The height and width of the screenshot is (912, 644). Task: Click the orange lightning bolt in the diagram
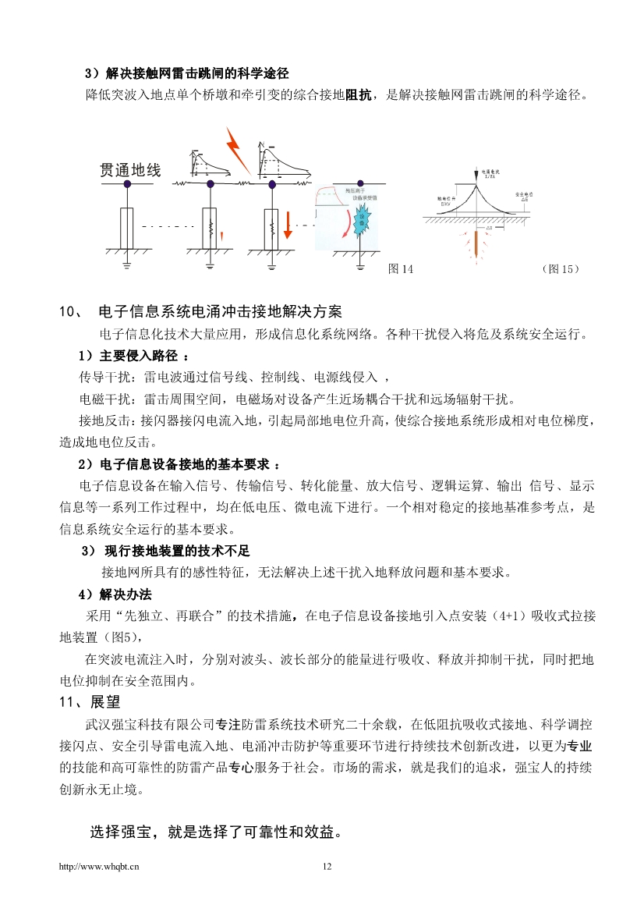click(236, 150)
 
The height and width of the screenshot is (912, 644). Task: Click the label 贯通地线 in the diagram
click(130, 169)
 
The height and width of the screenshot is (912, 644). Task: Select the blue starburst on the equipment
click(361, 224)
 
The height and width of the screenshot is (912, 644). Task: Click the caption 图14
click(401, 269)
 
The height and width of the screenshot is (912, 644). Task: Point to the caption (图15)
click(560, 269)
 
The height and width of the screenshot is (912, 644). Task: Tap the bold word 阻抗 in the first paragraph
click(358, 95)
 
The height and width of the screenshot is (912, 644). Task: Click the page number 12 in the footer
click(327, 866)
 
